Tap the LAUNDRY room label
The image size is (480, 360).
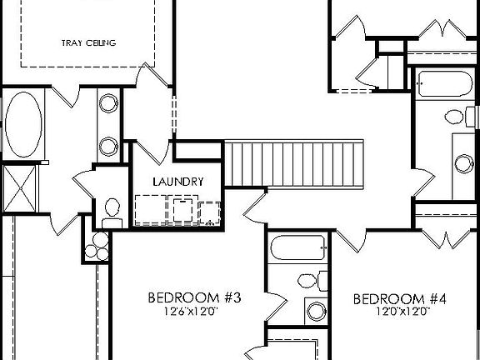177,181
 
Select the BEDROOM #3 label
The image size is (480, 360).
194,297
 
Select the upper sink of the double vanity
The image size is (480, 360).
108,105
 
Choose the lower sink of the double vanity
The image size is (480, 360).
108,146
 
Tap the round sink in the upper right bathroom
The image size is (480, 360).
464,162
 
